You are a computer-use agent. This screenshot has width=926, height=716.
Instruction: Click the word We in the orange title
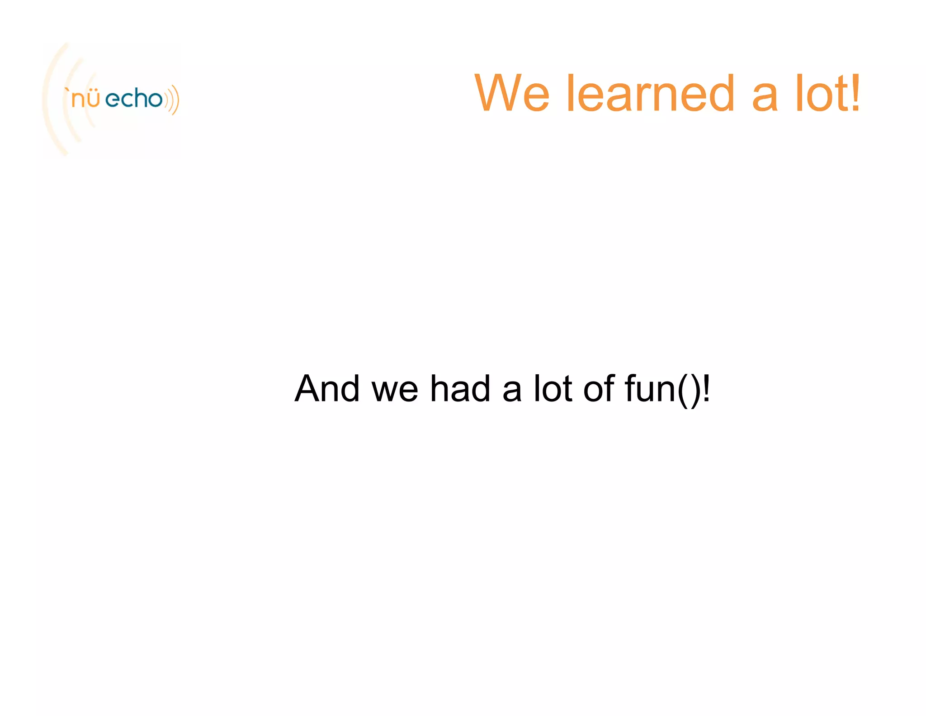(512, 93)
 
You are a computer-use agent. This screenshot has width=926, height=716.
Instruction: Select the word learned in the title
(650, 93)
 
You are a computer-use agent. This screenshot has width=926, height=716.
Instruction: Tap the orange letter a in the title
(765, 97)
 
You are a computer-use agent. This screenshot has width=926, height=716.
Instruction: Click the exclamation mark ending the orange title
(855, 93)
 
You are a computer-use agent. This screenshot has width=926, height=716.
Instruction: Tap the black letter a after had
(512, 392)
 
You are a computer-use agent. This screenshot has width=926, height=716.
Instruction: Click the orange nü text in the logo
(86, 99)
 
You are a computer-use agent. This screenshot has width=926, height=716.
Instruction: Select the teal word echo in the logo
(134, 98)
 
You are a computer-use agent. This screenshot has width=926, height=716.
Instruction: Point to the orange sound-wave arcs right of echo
(172, 100)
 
